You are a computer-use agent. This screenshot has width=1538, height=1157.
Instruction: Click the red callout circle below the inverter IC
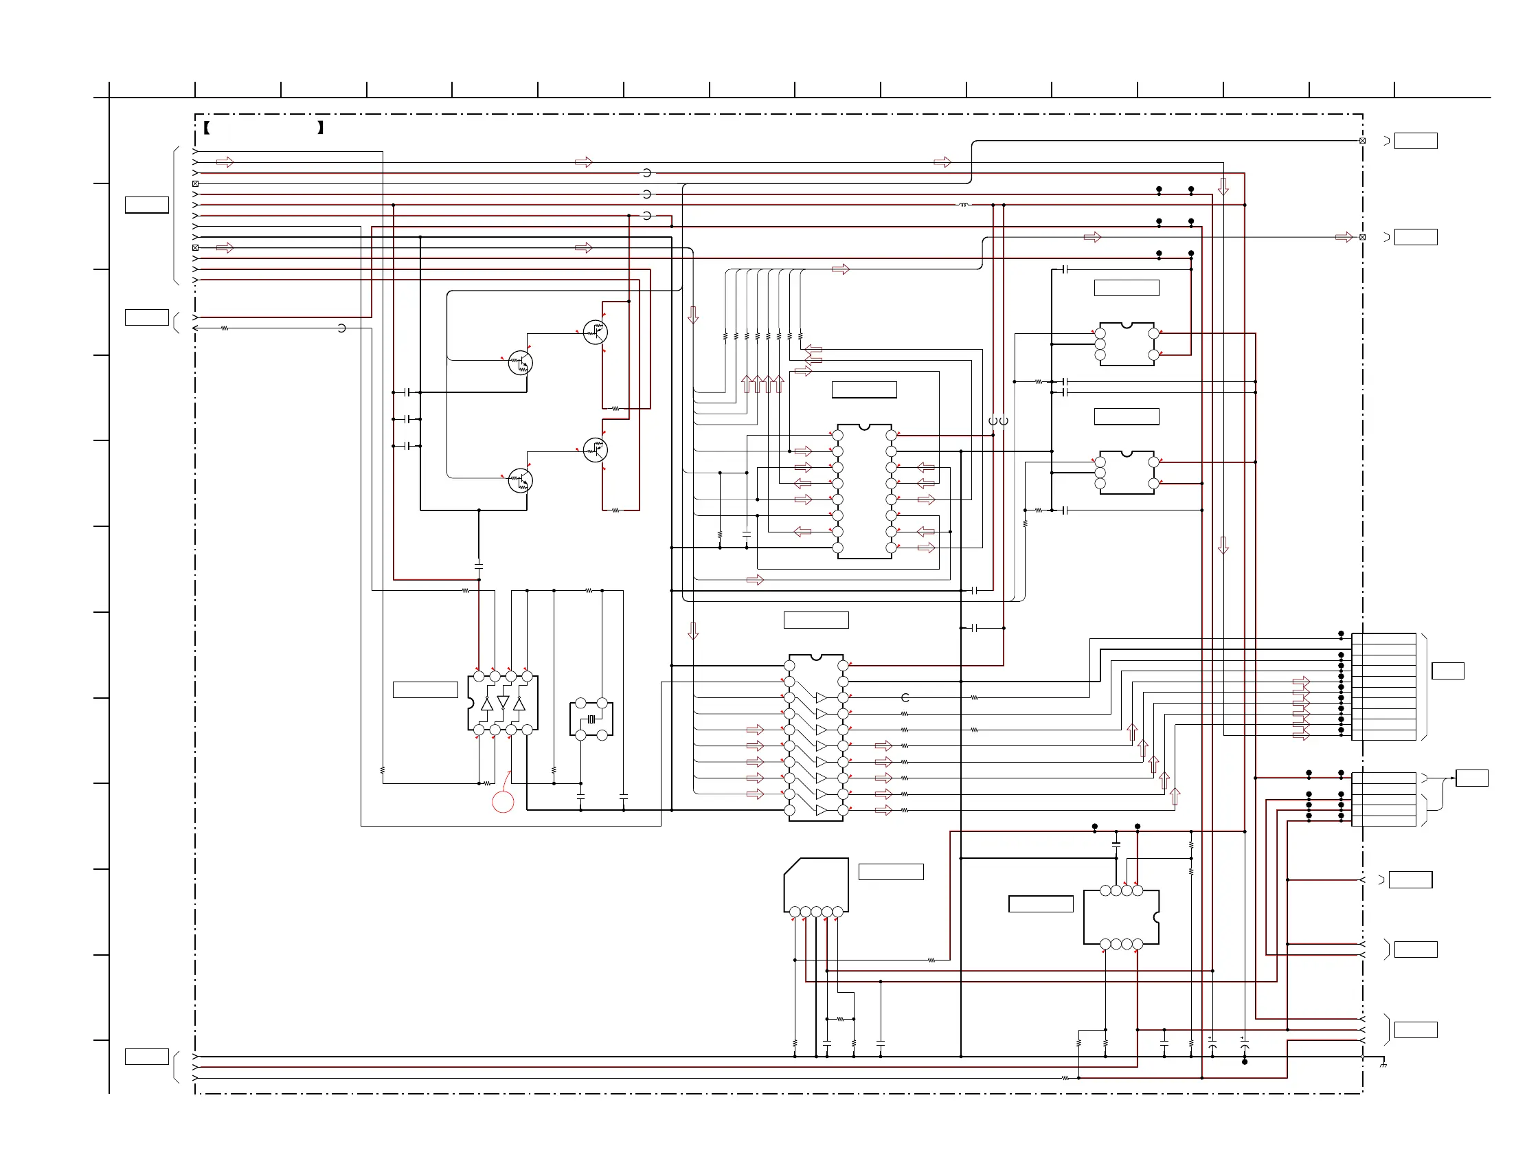(503, 802)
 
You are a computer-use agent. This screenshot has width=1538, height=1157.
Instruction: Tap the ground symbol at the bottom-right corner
(1383, 1064)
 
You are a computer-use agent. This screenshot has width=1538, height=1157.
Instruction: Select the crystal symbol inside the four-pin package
(591, 719)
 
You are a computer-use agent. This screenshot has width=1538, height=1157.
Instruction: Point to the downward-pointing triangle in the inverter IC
(504, 701)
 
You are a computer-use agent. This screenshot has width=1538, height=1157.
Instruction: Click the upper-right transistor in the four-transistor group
(595, 333)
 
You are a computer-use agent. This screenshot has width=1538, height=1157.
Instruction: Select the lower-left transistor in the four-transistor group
(520, 480)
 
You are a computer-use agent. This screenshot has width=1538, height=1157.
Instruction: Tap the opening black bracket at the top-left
(207, 128)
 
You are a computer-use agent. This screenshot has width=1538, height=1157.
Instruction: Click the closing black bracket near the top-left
(321, 128)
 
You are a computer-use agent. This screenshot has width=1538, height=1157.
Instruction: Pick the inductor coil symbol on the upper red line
(964, 205)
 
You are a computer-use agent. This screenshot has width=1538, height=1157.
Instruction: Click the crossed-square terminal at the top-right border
(1362, 141)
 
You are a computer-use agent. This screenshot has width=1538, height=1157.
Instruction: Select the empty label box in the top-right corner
(1416, 141)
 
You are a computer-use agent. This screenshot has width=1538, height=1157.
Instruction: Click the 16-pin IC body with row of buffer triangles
(815, 738)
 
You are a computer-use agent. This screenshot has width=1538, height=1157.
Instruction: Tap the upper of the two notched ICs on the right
(1127, 344)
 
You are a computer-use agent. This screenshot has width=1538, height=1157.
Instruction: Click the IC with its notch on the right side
(1121, 917)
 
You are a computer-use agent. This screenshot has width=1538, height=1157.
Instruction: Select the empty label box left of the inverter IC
(425, 690)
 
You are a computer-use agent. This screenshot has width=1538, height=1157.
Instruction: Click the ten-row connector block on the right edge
(1383, 687)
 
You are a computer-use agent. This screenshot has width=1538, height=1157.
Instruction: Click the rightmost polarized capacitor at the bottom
(1244, 1046)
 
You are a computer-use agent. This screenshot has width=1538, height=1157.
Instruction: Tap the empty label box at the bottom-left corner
(147, 1057)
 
